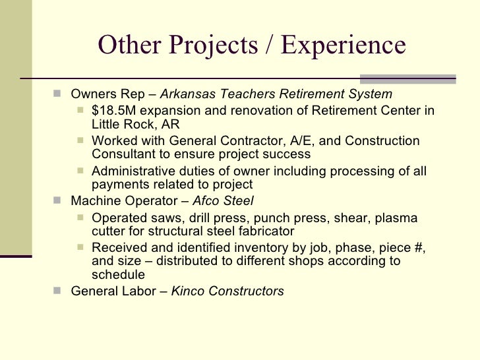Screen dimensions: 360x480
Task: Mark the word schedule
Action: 119,275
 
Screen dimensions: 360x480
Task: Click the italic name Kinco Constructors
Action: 227,291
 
